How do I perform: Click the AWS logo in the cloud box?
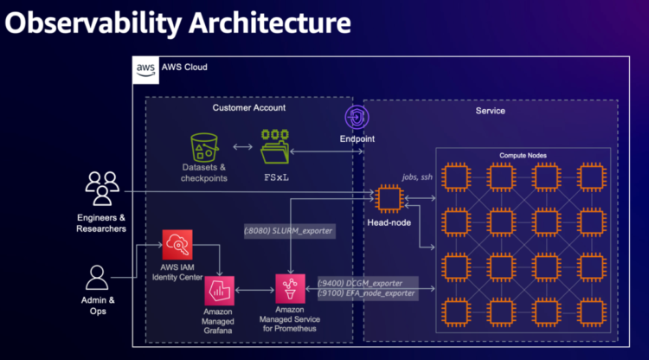[x=145, y=68]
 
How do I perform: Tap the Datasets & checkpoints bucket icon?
[x=204, y=147]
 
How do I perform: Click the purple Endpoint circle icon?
[x=356, y=119]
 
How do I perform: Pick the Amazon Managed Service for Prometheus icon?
[x=290, y=286]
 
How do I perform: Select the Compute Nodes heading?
[x=523, y=155]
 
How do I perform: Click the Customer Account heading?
[x=248, y=108]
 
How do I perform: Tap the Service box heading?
[x=490, y=111]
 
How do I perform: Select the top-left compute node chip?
[x=455, y=178]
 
